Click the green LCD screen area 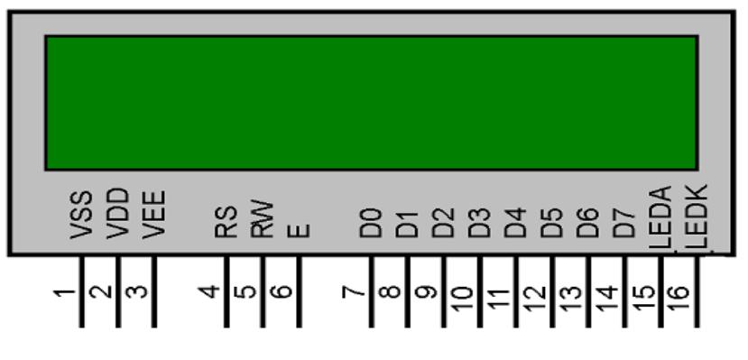[372, 103]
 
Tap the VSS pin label [81, 215]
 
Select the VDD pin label [118, 213]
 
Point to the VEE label [154, 214]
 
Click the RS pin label [226, 221]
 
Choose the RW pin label [263, 219]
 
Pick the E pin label [299, 231]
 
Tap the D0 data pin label [371, 222]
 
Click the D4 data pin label [516, 222]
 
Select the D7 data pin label [624, 222]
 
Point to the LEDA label [660, 217]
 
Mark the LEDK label [697, 217]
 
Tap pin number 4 [209, 291]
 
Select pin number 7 [354, 291]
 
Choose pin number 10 [461, 298]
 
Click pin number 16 [679, 298]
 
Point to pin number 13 [569, 298]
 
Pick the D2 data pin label [443, 222]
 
